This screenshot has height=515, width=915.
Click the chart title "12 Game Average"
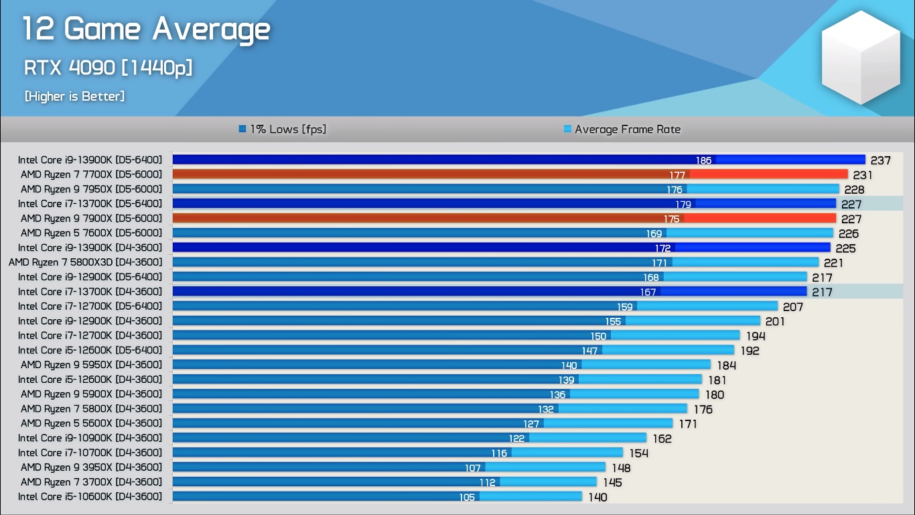146,30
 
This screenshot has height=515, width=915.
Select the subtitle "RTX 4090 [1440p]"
108,68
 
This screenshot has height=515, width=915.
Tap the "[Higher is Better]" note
74,97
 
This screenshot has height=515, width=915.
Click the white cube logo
861,57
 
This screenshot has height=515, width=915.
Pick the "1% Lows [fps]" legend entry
283,129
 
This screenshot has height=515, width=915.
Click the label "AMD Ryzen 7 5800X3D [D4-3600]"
85,262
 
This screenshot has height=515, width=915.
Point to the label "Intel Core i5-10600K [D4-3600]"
90,497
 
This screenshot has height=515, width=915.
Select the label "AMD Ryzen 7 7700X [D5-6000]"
91,174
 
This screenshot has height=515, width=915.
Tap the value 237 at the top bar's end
881,160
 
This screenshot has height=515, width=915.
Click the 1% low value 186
703,160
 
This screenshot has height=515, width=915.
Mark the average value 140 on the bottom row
597,498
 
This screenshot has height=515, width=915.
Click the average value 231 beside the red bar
863,175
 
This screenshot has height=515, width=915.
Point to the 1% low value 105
467,498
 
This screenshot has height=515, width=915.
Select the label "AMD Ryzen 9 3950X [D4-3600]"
91,467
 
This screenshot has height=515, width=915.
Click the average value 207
792,307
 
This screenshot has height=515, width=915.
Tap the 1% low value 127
531,424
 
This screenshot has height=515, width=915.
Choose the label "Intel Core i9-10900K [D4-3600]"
90,438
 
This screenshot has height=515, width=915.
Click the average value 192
750,351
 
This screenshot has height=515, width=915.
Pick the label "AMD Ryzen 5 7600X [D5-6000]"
91,233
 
